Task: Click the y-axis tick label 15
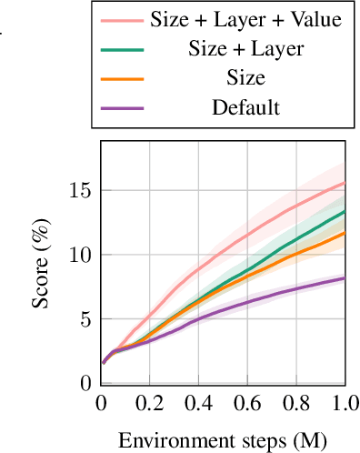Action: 80,190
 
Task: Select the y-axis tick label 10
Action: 80,255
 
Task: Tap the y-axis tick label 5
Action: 85,319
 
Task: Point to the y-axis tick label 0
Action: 85,383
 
